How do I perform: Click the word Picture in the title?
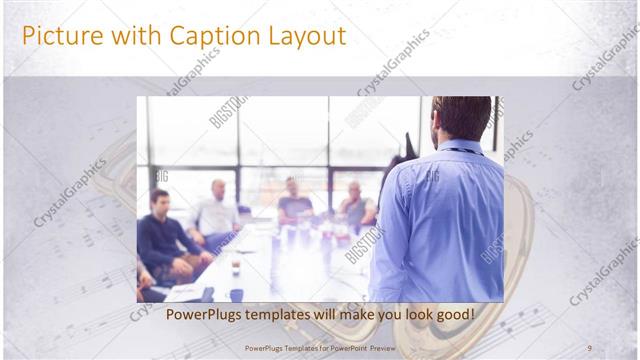[59, 36]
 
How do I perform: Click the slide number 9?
[589, 347]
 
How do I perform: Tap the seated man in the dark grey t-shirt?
[295, 205]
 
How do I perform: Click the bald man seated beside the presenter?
[355, 205]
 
